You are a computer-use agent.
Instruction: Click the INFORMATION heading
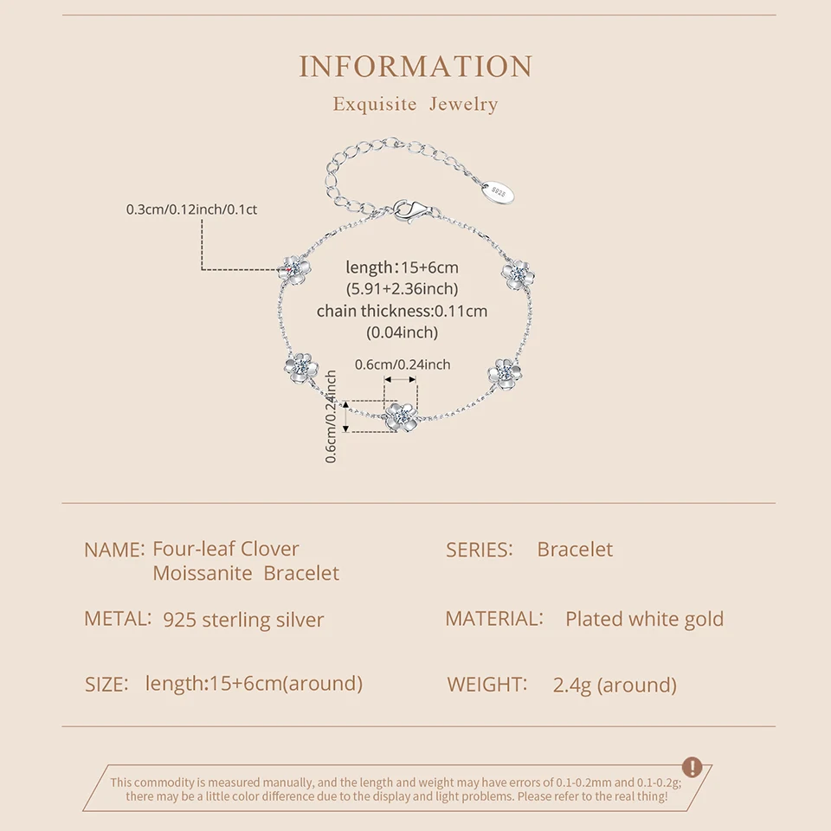click(x=415, y=67)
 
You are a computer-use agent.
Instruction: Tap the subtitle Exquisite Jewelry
click(x=415, y=105)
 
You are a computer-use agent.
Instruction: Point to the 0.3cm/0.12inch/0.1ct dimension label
click(x=192, y=209)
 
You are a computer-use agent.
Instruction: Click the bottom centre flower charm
click(x=401, y=417)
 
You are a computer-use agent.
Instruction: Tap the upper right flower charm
click(x=518, y=274)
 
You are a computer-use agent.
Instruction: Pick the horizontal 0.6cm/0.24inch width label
click(x=403, y=364)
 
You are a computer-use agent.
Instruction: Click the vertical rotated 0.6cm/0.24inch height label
click(x=332, y=416)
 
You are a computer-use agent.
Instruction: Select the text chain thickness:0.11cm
click(x=402, y=311)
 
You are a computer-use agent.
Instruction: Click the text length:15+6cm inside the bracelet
click(x=402, y=267)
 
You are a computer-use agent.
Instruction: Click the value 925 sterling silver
click(x=243, y=620)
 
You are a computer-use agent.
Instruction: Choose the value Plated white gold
click(x=644, y=619)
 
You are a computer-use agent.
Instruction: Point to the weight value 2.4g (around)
click(x=615, y=685)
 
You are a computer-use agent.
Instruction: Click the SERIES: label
click(x=480, y=550)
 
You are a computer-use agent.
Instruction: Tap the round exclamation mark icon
click(x=692, y=767)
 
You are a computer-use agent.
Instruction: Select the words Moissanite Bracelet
click(x=246, y=573)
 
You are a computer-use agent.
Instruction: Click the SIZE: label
click(x=106, y=684)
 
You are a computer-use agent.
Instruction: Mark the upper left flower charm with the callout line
click(x=294, y=268)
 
